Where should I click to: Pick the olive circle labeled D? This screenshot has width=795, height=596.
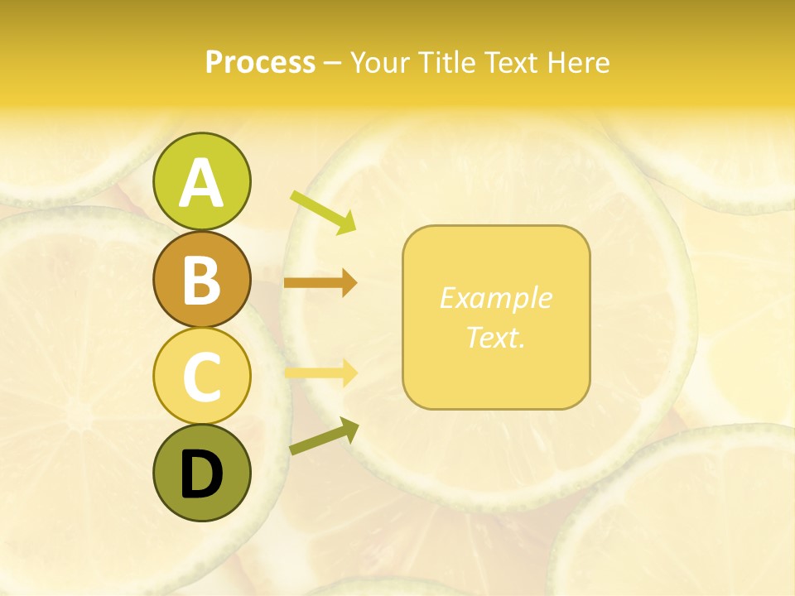201,473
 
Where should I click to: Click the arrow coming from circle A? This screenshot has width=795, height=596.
323,212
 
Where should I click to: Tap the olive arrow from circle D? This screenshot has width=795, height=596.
324,436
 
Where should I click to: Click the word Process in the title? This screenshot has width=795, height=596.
260,62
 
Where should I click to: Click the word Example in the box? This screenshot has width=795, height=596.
495,298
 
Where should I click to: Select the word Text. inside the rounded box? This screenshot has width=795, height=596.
495,337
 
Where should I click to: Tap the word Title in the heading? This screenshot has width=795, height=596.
447,62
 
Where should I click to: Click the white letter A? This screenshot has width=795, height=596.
201,183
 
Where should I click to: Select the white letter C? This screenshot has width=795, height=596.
201,377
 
